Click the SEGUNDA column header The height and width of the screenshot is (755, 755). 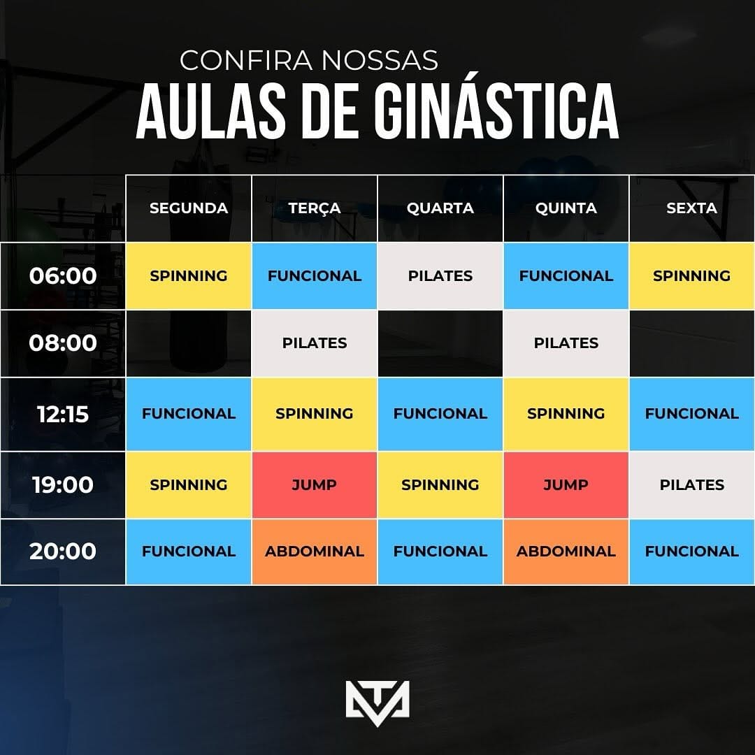[188, 208]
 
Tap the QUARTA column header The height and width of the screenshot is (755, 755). [440, 208]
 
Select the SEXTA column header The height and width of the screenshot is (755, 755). [691, 208]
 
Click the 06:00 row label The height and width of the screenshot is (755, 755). [63, 276]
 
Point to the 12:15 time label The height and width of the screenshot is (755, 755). [63, 414]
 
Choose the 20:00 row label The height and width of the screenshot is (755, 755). [63, 552]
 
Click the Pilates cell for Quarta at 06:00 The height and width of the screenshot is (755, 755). [440, 276]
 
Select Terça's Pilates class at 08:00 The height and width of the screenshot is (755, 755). [315, 343]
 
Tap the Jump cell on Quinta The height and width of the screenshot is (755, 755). [566, 484]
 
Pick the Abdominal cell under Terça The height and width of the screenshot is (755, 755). [315, 552]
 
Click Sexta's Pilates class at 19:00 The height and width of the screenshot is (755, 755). [691, 484]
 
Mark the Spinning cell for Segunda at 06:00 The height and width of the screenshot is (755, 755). [188, 276]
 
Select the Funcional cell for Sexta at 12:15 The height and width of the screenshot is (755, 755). [691, 414]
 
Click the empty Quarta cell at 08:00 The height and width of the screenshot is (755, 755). [440, 343]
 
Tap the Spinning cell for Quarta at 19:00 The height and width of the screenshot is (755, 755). [440, 484]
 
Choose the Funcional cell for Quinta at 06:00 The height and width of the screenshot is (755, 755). [566, 276]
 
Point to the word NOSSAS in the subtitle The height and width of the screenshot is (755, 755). [380, 61]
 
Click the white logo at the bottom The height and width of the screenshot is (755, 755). [377, 703]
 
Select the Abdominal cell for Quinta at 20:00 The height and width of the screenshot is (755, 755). [566, 552]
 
